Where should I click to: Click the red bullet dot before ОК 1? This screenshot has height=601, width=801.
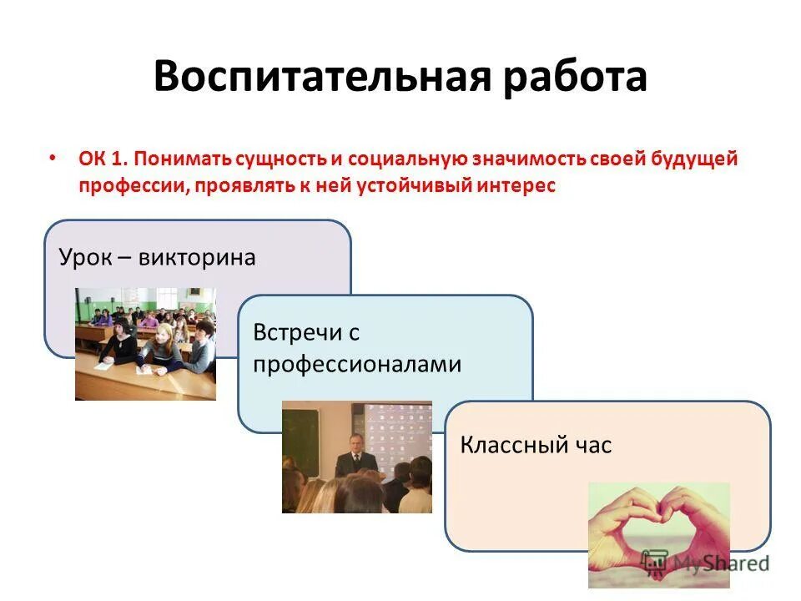(53, 157)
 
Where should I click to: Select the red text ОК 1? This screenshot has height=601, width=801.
(102, 159)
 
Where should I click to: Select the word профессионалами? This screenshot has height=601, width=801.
(357, 364)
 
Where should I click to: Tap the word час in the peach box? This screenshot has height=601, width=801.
(593, 445)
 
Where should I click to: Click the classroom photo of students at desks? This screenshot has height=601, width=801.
(145, 344)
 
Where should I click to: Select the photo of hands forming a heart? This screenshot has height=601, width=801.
(658, 534)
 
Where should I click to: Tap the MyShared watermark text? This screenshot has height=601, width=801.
(718, 563)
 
